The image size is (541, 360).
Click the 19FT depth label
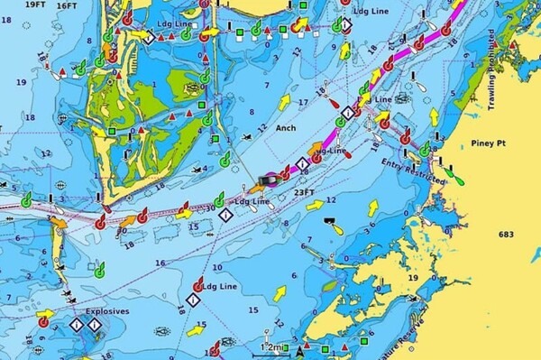35,5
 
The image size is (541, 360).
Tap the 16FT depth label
66,5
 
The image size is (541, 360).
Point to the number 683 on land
505,235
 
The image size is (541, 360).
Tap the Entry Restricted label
414,169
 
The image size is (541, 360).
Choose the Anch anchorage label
286,127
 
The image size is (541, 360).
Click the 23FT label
305,191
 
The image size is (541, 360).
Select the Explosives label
106,311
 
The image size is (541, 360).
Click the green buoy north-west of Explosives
98,270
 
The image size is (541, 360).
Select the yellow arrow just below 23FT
314,206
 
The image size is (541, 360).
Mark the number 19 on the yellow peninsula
412,277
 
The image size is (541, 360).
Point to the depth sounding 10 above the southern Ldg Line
216,268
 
